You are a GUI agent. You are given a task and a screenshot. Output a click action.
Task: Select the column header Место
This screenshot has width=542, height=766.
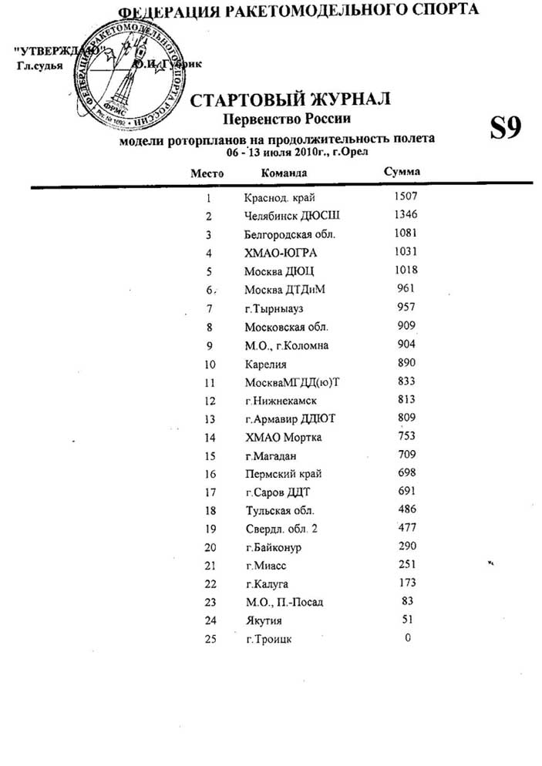click(x=207, y=173)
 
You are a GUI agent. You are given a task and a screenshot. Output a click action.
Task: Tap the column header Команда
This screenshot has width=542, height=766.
click(x=284, y=173)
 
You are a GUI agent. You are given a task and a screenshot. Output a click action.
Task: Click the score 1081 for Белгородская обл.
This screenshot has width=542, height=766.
click(x=405, y=233)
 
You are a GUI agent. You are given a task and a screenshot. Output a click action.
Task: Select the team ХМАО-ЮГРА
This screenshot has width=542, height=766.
click(x=280, y=253)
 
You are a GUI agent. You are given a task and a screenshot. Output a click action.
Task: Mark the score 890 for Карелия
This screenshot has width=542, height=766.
click(x=405, y=363)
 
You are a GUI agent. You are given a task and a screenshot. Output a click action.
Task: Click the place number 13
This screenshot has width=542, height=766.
click(x=208, y=419)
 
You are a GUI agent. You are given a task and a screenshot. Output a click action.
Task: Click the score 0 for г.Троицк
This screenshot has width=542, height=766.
click(x=408, y=637)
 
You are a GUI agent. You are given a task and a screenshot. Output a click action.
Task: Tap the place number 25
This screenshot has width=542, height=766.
click(x=208, y=640)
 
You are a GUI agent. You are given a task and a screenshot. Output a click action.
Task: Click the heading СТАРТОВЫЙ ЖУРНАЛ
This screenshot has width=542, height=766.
click(x=290, y=100)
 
